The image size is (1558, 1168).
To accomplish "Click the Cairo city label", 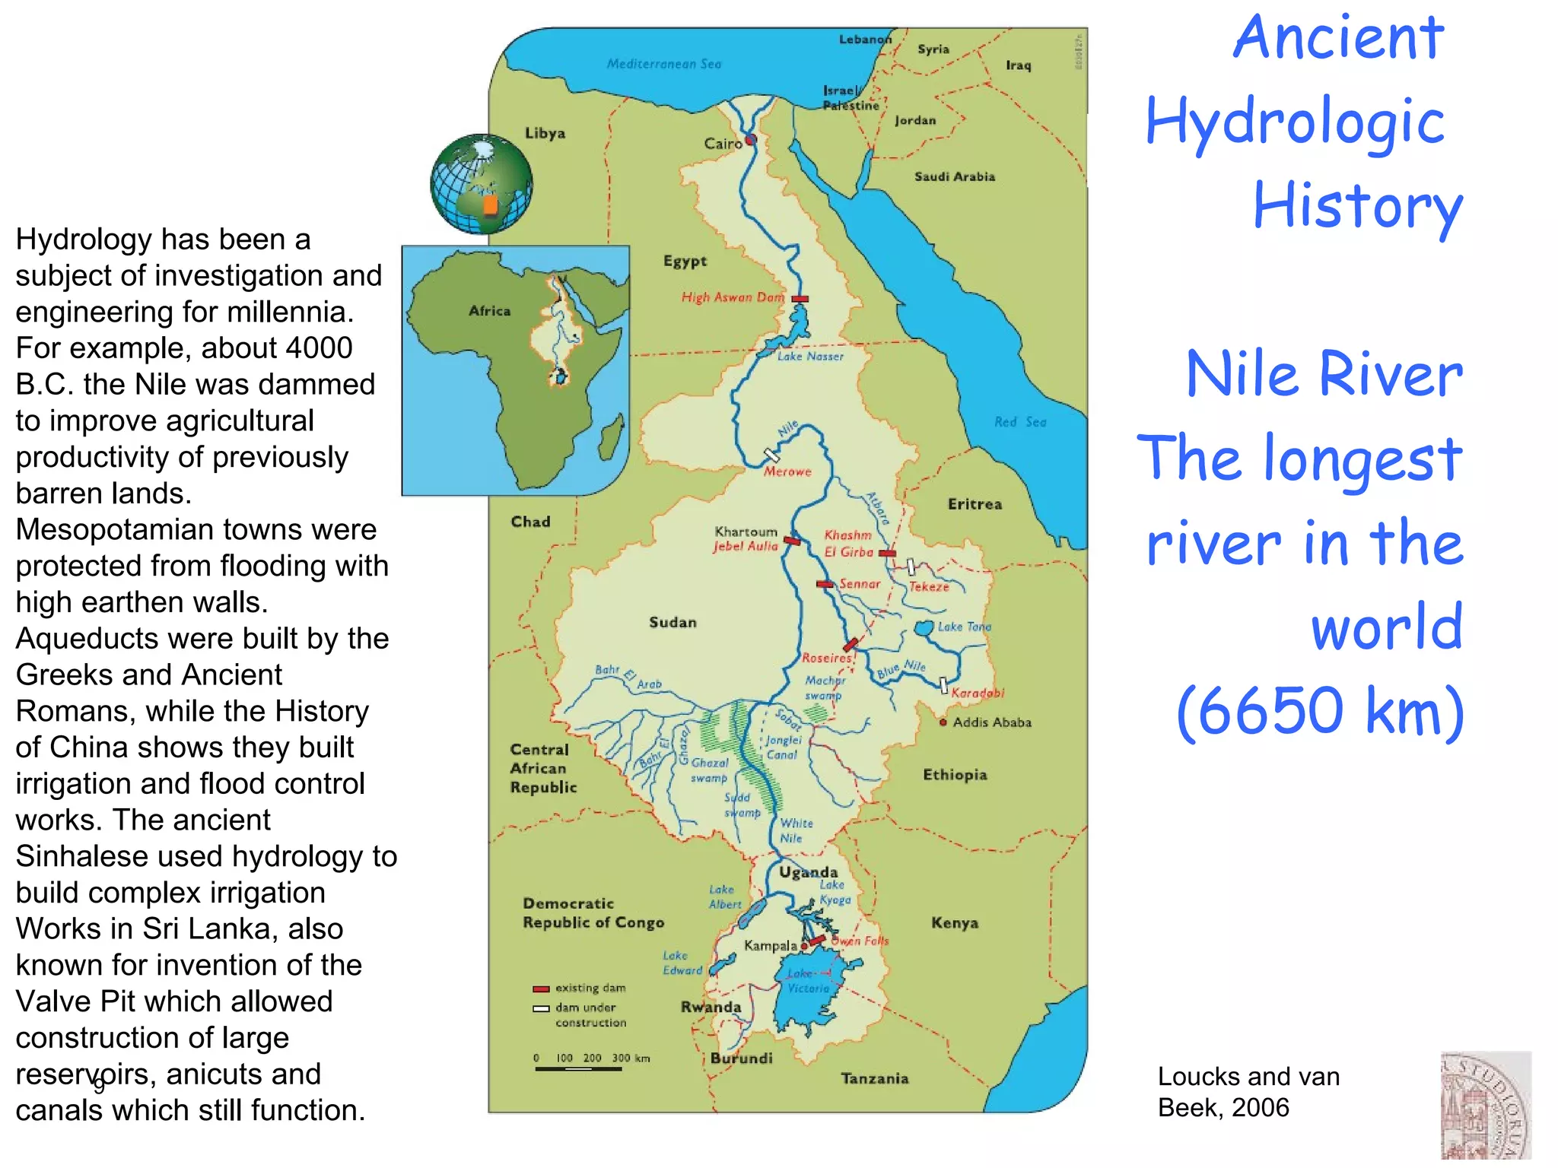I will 722,144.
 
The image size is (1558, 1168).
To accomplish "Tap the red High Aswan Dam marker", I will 800,300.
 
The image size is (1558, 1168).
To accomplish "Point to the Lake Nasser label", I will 810,356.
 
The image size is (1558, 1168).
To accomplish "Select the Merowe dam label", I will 787,472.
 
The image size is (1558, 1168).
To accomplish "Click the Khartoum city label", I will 746,532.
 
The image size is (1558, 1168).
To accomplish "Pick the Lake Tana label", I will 964,627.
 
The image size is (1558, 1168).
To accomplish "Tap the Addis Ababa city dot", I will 943,722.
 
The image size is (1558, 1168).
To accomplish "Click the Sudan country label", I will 672,622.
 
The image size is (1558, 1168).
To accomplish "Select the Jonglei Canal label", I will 783,747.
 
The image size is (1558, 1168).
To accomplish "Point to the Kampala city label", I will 770,946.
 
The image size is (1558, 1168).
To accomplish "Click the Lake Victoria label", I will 808,981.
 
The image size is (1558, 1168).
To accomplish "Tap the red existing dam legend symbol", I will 541,989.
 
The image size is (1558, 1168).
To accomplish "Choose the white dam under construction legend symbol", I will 541,1008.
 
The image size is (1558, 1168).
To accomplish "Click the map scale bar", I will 578,1068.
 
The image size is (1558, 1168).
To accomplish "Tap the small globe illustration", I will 481,184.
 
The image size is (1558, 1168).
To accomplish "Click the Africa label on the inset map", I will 489,311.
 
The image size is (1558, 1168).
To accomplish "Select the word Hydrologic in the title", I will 1294,122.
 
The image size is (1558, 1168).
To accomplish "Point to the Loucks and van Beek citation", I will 1248,1092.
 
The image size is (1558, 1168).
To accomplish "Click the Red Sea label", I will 1020,422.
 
